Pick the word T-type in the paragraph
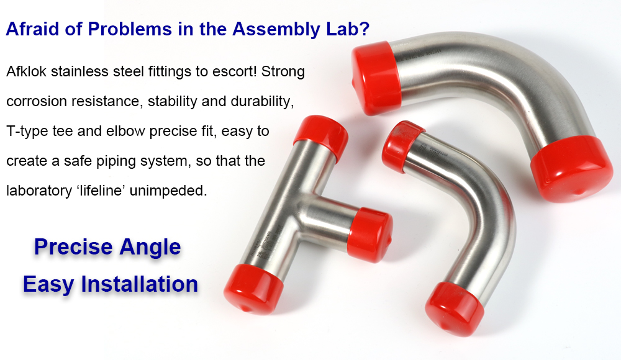pos(27,131)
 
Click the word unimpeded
pos(168,191)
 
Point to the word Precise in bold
pos(74,247)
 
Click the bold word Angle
pos(150,248)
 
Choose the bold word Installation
pos(139,284)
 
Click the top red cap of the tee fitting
pos(322,137)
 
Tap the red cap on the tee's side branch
pos(370,235)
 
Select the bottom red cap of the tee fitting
pos(253,289)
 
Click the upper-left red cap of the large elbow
pos(376,78)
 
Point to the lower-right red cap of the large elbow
pos(571,169)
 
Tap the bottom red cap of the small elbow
pos(455,308)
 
